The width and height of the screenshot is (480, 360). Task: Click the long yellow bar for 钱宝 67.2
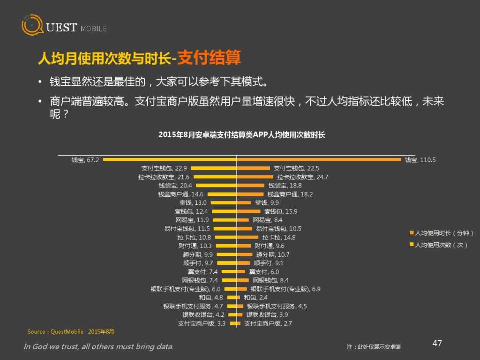(169, 160)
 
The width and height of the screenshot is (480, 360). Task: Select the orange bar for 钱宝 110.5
(319, 160)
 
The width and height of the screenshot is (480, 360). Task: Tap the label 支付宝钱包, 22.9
(164, 168)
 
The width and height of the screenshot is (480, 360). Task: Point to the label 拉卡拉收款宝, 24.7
(302, 177)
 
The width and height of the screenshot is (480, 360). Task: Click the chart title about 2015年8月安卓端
(242, 135)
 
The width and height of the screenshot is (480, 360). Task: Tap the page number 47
(437, 343)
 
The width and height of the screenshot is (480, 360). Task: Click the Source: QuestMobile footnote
(71, 332)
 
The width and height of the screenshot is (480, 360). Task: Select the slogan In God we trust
(98, 347)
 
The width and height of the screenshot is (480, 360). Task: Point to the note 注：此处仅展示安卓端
(374, 347)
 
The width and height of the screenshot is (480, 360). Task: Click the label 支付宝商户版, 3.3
(202, 323)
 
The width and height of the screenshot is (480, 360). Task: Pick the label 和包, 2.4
(256, 298)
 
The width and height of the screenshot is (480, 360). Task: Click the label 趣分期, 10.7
(273, 255)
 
